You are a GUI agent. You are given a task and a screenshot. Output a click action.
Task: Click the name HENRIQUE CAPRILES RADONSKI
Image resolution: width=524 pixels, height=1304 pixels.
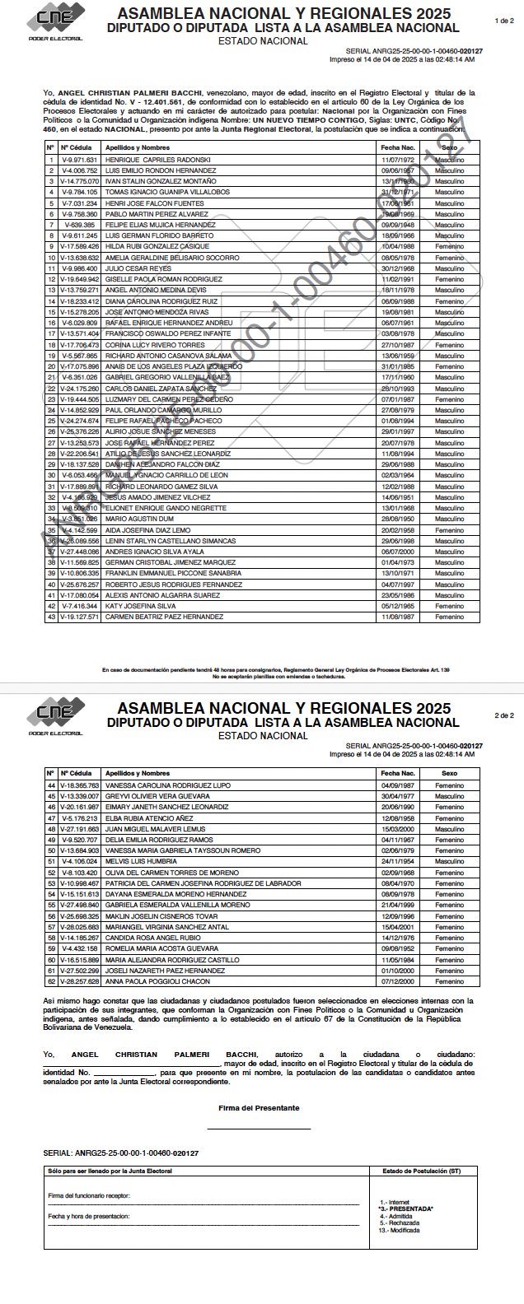coord(158,159)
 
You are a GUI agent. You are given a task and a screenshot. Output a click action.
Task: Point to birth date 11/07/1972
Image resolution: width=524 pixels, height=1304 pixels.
coord(396,159)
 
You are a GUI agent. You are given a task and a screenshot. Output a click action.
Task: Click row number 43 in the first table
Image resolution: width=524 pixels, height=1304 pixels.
coord(50,616)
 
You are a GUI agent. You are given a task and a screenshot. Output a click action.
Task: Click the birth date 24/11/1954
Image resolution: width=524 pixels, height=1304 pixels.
coord(396,860)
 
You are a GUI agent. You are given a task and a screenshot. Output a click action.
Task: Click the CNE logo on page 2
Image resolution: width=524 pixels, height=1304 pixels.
coord(55,714)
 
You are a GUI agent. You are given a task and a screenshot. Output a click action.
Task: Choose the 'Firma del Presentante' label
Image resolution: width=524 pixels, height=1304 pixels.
coord(259,1107)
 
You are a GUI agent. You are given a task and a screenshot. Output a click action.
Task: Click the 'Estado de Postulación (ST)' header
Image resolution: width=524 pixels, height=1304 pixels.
coord(426,1170)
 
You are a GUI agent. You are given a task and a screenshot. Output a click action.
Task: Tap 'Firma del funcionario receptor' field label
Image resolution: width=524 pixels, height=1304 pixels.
coord(89,1195)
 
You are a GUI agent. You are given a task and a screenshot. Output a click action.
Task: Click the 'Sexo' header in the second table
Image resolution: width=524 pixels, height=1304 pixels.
coord(449,773)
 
